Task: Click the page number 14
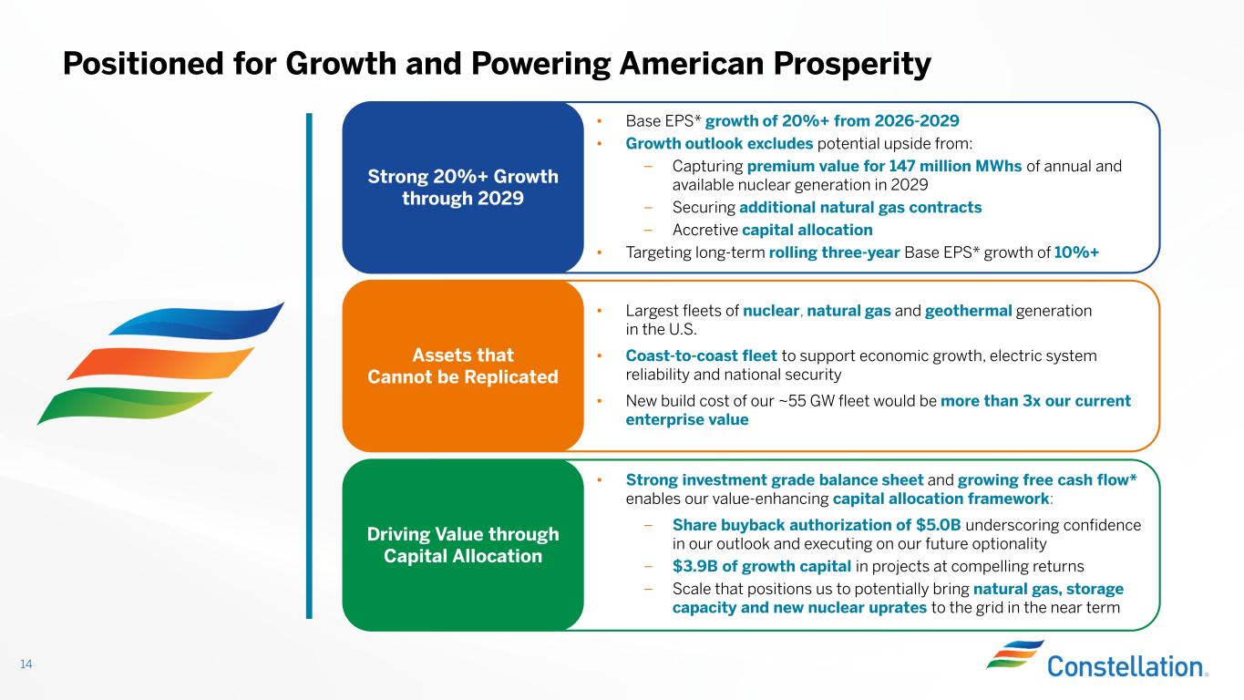click(x=26, y=664)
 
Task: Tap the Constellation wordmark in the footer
click(x=1126, y=666)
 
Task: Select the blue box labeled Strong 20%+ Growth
click(x=463, y=187)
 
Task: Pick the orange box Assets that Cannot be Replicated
click(x=463, y=366)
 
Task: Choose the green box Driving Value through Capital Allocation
click(x=463, y=545)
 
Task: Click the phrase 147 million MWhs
click(x=955, y=166)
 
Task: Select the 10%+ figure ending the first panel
click(x=1076, y=252)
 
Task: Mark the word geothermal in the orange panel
click(x=968, y=311)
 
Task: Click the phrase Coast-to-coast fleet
click(x=701, y=355)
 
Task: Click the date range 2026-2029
click(x=917, y=121)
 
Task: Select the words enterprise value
click(x=687, y=419)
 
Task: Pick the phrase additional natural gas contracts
click(x=860, y=208)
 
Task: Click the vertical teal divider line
click(x=309, y=366)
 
